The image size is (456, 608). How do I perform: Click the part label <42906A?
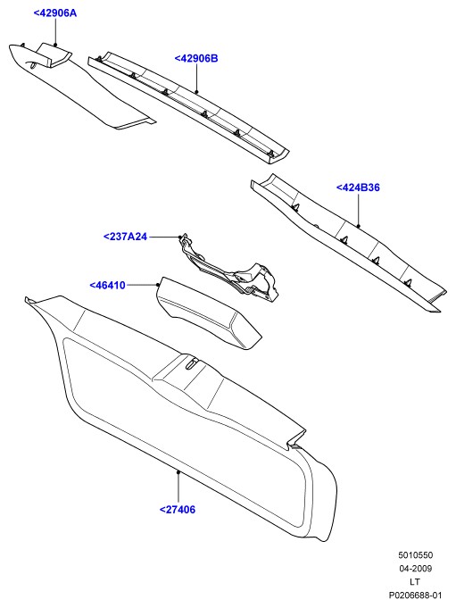(55, 13)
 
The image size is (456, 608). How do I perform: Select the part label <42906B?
(196, 59)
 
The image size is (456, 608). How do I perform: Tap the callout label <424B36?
(358, 187)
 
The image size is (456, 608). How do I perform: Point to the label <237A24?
(125, 237)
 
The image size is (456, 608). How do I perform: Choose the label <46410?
(108, 286)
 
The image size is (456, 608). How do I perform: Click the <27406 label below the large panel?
(178, 510)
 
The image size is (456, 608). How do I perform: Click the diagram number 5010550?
(415, 555)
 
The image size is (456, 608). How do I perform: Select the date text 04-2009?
(415, 569)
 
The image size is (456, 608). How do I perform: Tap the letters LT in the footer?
(415, 581)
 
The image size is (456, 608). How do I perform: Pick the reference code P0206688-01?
(415, 595)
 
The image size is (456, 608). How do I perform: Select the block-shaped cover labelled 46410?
(209, 313)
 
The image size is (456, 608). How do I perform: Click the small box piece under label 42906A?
(54, 54)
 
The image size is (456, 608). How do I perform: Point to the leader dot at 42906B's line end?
(196, 92)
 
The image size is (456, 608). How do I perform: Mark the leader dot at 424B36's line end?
(359, 226)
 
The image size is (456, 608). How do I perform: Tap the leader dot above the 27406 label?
(178, 472)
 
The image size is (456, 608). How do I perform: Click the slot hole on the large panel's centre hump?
(193, 363)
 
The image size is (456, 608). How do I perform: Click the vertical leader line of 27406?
(178, 487)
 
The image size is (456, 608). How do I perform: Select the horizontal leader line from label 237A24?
(163, 237)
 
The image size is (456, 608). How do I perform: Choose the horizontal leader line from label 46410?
(142, 285)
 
